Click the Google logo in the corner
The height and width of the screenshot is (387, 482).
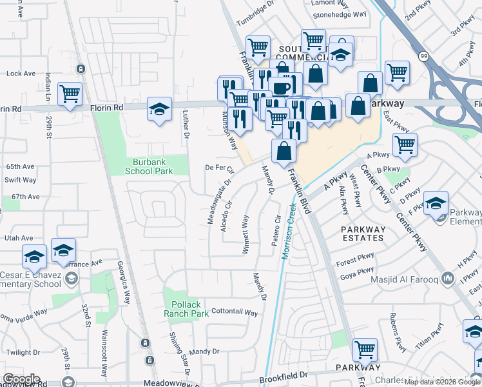coord(21,379)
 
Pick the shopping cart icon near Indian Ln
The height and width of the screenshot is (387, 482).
coord(70,93)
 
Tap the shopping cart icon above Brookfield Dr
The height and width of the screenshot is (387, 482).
coord(365,350)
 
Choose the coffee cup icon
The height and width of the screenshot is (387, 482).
coord(280,88)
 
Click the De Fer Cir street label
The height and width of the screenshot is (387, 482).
coord(218,168)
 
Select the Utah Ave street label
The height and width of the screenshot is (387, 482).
coord(18,239)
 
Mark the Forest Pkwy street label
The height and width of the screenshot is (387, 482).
coord(354,263)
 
